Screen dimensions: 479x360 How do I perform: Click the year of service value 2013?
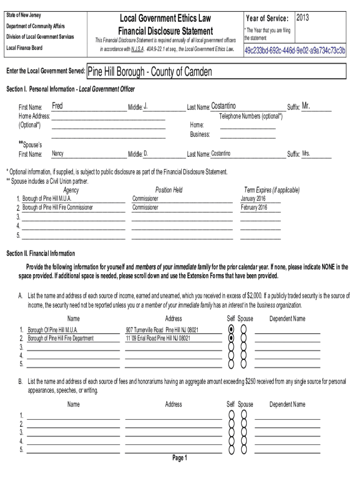pos(302,18)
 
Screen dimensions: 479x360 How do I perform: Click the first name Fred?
pos(57,106)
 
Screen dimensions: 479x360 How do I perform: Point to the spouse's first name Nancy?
pos(58,153)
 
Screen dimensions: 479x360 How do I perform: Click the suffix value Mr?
pos(306,106)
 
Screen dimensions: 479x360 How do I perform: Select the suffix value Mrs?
pos(306,153)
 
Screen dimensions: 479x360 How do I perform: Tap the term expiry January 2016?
pos(254,198)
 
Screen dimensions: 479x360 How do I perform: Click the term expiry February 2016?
pos(254,207)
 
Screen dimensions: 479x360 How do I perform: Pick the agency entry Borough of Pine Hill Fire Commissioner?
pos(58,207)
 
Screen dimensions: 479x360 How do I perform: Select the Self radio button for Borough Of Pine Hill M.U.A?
pos(230,329)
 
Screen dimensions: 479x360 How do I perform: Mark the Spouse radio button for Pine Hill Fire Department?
pos(243,338)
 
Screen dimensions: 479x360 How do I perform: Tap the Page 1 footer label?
pos(180,458)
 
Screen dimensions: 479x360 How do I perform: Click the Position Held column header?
pos(169,190)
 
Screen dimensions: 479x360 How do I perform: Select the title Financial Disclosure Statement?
pos(166,31)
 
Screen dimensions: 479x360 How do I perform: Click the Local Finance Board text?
pos(24,48)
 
